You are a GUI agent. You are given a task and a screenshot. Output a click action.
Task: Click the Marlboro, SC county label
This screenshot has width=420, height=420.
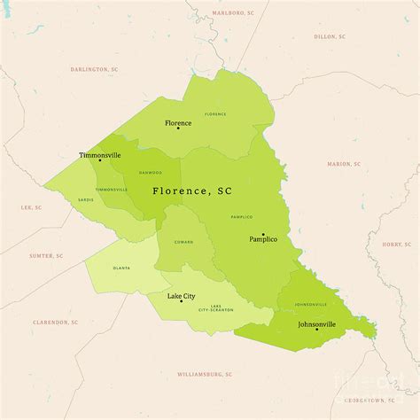(x=233, y=13)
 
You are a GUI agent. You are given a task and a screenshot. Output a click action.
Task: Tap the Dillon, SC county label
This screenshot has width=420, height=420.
(x=331, y=36)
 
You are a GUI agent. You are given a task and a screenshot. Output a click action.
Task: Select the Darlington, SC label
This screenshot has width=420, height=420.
(x=95, y=69)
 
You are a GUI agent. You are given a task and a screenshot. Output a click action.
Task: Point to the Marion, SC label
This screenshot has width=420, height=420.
(x=344, y=164)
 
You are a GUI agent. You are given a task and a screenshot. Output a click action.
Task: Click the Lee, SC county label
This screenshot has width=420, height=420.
(x=31, y=207)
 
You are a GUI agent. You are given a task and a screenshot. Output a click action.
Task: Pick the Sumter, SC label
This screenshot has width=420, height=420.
(x=46, y=255)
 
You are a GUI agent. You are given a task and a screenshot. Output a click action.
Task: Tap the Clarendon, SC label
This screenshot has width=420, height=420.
(x=55, y=323)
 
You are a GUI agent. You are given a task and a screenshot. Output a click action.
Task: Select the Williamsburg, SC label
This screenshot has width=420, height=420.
(x=205, y=374)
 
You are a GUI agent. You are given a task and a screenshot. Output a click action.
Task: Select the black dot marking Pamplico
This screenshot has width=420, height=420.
(x=263, y=234)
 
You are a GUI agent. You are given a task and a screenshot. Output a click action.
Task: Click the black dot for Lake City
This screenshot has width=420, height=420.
(x=182, y=301)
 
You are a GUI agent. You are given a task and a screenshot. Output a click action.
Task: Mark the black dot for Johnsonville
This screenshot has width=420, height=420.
(x=316, y=330)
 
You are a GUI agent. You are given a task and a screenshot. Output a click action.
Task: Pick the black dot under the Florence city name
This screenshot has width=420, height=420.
(x=178, y=128)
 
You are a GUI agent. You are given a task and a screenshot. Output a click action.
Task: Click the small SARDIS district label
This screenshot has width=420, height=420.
(x=86, y=200)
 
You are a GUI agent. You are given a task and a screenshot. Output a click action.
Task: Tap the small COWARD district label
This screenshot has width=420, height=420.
(x=183, y=240)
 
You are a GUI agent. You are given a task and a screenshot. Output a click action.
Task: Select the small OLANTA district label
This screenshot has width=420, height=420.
(x=121, y=268)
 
